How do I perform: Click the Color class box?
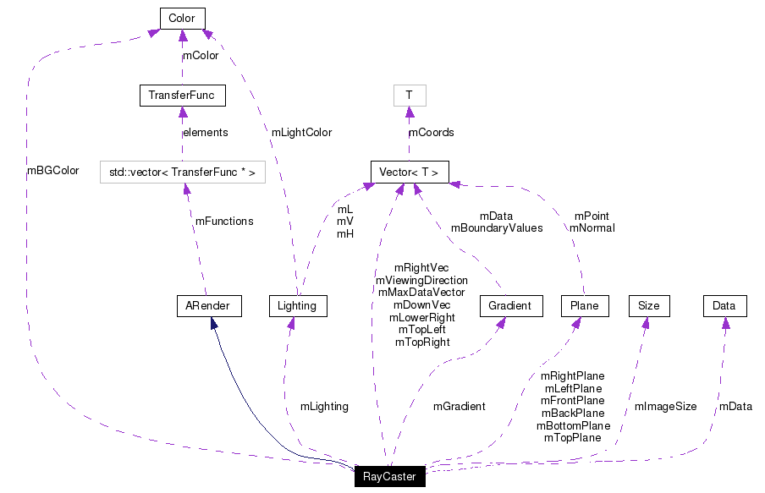(182, 18)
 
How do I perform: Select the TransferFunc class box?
(182, 96)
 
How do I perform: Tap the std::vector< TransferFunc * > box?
(182, 173)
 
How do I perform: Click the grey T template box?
(409, 96)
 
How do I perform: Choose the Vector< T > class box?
(409, 173)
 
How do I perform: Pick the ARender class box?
(208, 305)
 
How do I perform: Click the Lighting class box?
(297, 305)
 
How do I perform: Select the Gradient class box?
(509, 305)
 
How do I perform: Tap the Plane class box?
(585, 305)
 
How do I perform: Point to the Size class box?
(649, 305)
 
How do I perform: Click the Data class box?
(724, 305)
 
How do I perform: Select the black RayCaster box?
(389, 477)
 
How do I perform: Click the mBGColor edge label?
(52, 171)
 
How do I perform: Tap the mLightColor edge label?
(301, 133)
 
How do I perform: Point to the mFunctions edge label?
(224, 222)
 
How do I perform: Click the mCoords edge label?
(432, 133)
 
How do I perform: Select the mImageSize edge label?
(666, 407)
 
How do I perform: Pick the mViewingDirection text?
(421, 280)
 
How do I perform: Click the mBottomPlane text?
(573, 425)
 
